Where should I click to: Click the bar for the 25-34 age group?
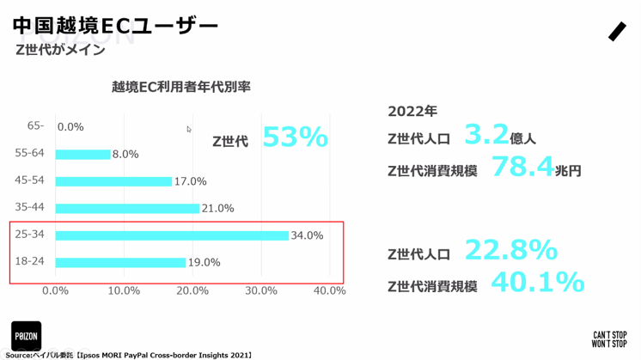[x=172, y=235]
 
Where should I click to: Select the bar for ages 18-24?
[x=120, y=262]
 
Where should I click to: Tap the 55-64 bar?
[x=82, y=155]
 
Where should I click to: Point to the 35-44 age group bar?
[x=127, y=209]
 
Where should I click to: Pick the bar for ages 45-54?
[x=113, y=181]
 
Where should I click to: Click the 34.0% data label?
[x=307, y=235]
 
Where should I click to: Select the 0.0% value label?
[x=70, y=127]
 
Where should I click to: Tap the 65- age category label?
[x=35, y=125]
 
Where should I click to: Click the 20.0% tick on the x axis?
[x=192, y=290]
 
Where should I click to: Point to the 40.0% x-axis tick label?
[x=329, y=290]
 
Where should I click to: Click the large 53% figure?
[x=295, y=137]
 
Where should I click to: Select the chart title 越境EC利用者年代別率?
[x=180, y=87]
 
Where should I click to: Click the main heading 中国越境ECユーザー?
[x=116, y=26]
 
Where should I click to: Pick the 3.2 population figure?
[x=486, y=135]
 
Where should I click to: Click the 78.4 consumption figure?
[x=522, y=167]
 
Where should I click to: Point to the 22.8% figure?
[x=511, y=250]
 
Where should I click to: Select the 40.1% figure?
[x=537, y=282]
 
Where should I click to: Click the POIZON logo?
[x=26, y=335]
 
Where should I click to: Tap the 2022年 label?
[x=412, y=111]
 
